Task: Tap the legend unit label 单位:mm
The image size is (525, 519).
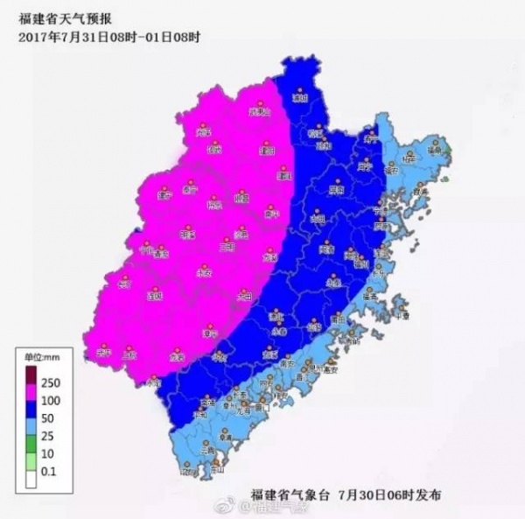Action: (40, 356)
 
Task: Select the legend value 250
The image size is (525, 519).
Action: (51, 382)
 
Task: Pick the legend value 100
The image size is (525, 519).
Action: (51, 398)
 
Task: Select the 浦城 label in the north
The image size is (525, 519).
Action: (299, 98)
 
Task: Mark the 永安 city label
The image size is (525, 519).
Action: (205, 273)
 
